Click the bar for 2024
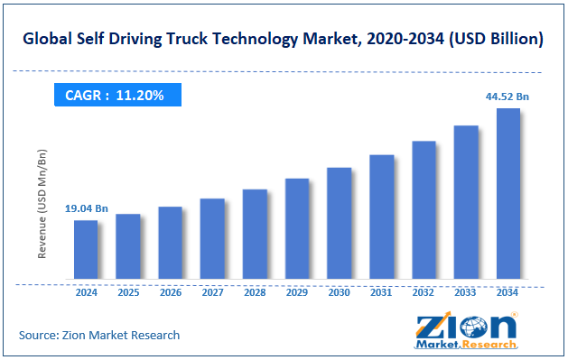point(86,249)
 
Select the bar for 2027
point(212,238)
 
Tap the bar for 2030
point(339,223)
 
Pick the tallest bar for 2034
point(507,193)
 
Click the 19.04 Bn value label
point(86,209)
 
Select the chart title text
point(284,39)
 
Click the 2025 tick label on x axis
point(128,293)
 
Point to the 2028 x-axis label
point(255,293)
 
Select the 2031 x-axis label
point(381,293)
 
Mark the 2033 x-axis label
point(465,293)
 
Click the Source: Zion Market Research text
point(99,335)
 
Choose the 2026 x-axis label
point(170,293)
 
